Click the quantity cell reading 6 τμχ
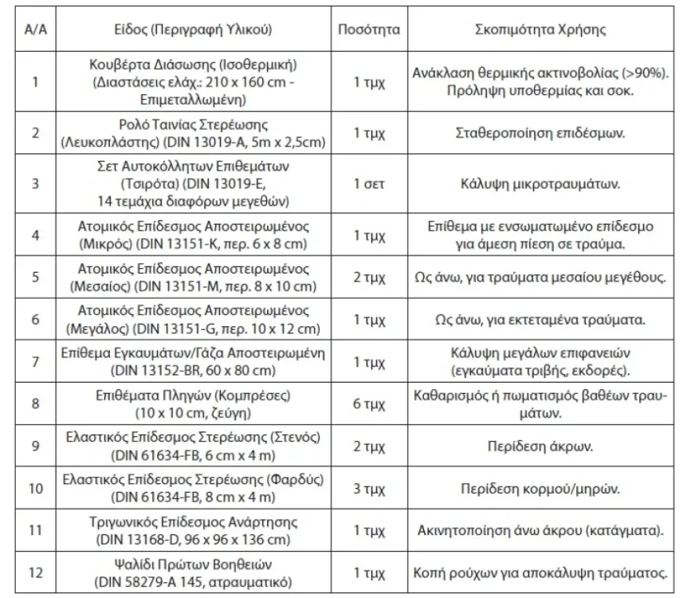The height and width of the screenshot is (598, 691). pyautogui.click(x=368, y=403)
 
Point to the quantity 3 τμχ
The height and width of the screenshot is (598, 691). pyautogui.click(x=368, y=486)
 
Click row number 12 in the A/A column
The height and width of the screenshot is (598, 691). pyautogui.click(x=34, y=572)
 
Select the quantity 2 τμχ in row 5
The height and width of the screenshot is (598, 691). pyautogui.click(x=368, y=277)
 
